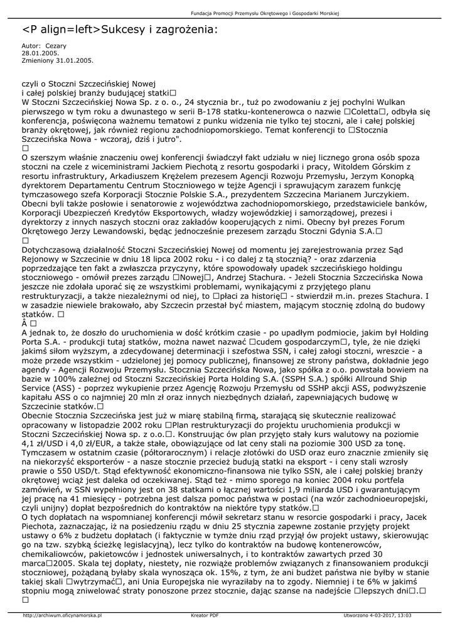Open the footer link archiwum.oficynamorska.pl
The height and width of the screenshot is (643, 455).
[62, 616]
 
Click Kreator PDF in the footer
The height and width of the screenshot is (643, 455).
[205, 616]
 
